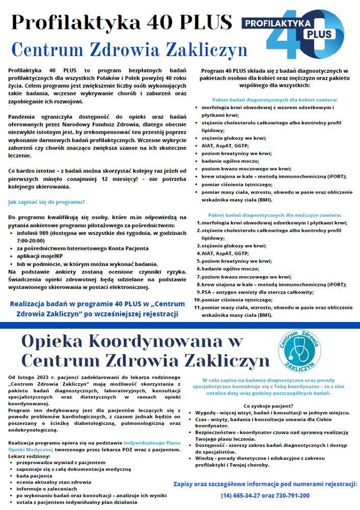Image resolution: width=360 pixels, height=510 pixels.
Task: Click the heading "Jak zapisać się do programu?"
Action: pos(46,202)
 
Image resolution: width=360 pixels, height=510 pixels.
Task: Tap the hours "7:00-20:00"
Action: pos(31,239)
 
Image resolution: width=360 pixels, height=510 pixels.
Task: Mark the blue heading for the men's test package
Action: pos(274,215)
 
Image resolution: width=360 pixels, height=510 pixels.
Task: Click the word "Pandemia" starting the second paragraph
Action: pos(23,117)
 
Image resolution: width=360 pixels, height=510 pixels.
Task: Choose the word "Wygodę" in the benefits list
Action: pos(205,412)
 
